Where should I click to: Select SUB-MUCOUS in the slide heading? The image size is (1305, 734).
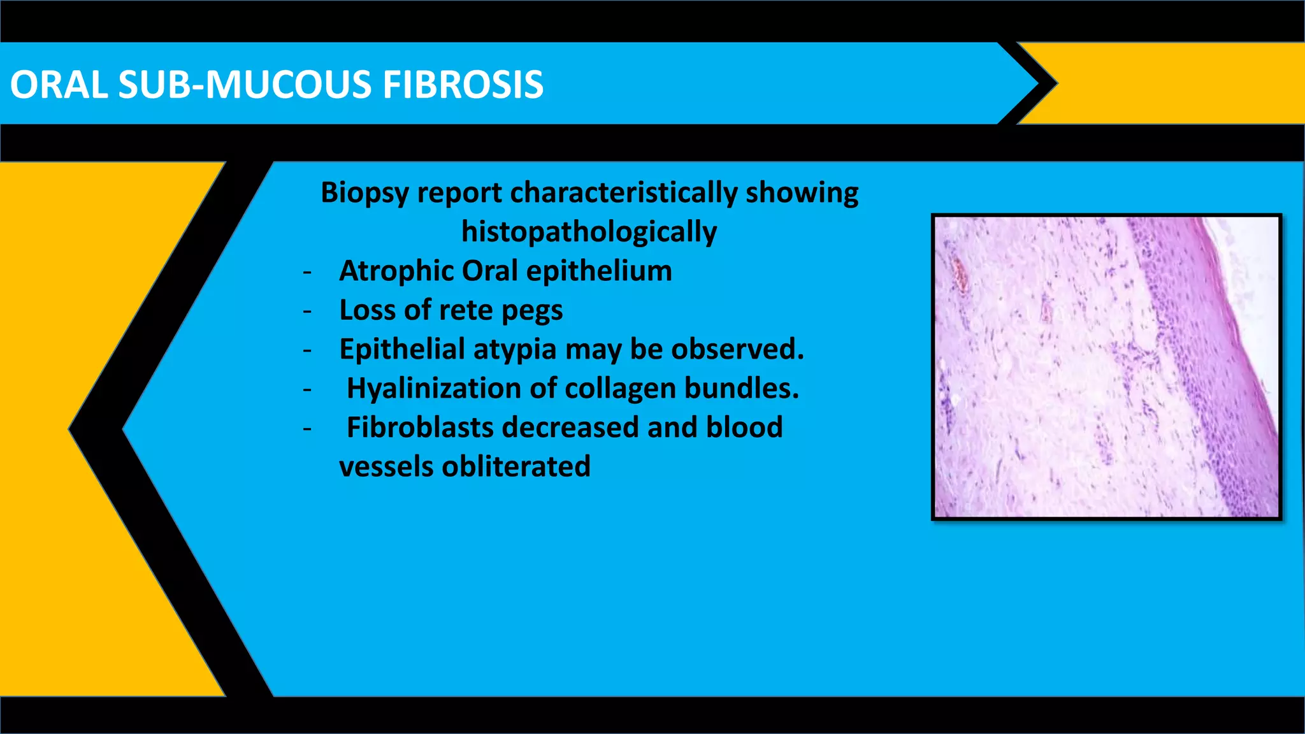click(245, 85)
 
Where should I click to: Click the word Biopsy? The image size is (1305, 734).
click(364, 193)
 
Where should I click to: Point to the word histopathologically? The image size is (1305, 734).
click(589, 232)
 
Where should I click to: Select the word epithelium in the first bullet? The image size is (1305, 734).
click(599, 271)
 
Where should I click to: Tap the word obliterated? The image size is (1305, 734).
click(516, 466)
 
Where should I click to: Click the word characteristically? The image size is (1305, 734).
click(623, 193)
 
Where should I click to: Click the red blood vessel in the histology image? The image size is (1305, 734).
click(958, 274)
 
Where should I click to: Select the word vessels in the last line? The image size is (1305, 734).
click(386, 466)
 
